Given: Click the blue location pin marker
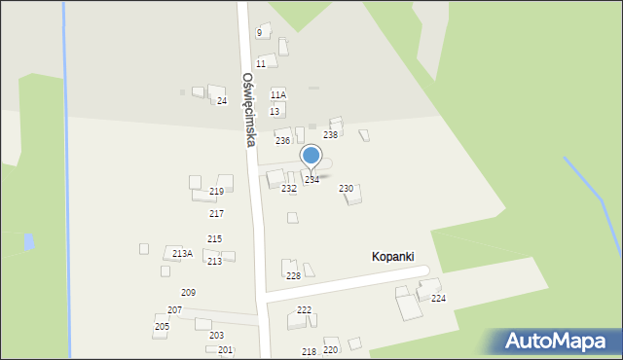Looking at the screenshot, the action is pos(311,156).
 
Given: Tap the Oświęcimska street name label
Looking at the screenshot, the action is pos(249,109).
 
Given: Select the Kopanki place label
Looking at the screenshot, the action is pos(397,256).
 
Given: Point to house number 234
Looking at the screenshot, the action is pos(311,179).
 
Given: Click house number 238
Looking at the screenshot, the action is pos(330,134).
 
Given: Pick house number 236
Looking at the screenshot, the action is pos(282,141).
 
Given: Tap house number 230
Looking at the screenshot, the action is pos(346,188).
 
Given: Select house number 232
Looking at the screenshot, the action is pos(288,188).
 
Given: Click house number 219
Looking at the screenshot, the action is pos(216,191).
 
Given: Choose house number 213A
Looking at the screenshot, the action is pos(182,253).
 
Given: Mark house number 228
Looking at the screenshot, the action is pos(293,275).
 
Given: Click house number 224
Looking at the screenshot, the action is pos(438,298).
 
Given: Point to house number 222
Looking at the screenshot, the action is pos(304,309).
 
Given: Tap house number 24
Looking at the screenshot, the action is pos(222,100).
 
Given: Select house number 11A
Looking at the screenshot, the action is pos(278,94).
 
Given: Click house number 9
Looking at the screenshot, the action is pos(259,32).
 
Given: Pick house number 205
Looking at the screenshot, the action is pos(162,326).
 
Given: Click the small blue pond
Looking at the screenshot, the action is pos(29,241).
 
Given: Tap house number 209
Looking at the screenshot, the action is pos(188,292).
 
